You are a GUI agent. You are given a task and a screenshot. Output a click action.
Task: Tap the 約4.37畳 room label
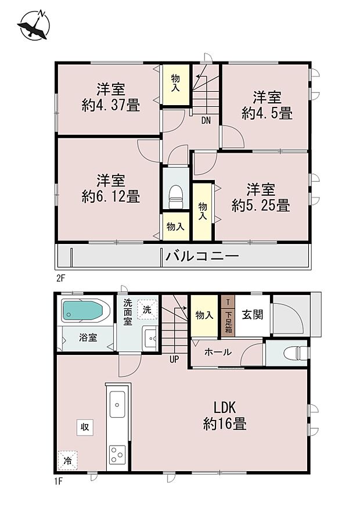110,98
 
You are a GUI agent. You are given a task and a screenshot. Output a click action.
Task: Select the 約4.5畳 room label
267,105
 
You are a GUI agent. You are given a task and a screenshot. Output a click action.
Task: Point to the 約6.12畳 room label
110,189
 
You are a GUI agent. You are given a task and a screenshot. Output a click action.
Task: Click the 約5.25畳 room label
260,197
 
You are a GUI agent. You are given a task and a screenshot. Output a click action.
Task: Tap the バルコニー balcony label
202,256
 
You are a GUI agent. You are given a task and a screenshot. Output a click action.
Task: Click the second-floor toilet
175,196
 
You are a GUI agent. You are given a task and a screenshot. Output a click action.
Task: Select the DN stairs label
206,121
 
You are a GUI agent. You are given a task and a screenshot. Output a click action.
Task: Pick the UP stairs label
174,358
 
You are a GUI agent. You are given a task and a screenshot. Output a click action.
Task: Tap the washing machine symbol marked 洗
147,310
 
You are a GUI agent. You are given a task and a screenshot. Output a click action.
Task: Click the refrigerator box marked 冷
67,460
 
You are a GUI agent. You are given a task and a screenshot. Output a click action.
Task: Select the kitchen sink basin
117,403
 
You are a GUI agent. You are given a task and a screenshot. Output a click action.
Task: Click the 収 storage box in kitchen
85,427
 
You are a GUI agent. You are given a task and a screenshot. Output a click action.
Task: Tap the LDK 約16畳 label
225,416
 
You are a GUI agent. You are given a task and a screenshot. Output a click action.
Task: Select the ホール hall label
218,352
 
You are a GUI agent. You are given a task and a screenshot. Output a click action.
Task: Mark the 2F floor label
60,278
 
